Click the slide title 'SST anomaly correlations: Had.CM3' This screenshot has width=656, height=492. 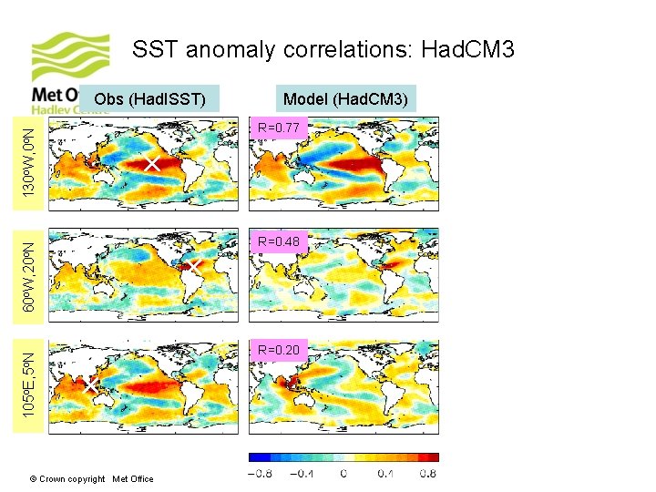point(323,49)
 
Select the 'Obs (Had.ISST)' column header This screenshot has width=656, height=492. point(150,98)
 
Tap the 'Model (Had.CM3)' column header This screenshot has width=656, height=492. point(346,98)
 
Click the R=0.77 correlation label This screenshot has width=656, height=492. point(279,128)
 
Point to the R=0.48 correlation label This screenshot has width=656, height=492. point(279,241)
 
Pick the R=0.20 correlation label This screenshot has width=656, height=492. point(279,350)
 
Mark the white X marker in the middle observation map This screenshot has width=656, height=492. point(193,266)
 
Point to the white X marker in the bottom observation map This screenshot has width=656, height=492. point(91,386)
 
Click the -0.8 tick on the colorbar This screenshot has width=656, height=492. point(261,474)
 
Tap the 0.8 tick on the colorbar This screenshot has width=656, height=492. point(426,474)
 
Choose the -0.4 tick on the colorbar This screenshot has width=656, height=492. point(303,474)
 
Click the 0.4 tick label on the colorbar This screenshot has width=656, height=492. point(385,474)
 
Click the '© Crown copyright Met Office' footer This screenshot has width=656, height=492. point(91,479)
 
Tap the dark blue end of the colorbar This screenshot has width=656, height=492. point(256,457)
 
